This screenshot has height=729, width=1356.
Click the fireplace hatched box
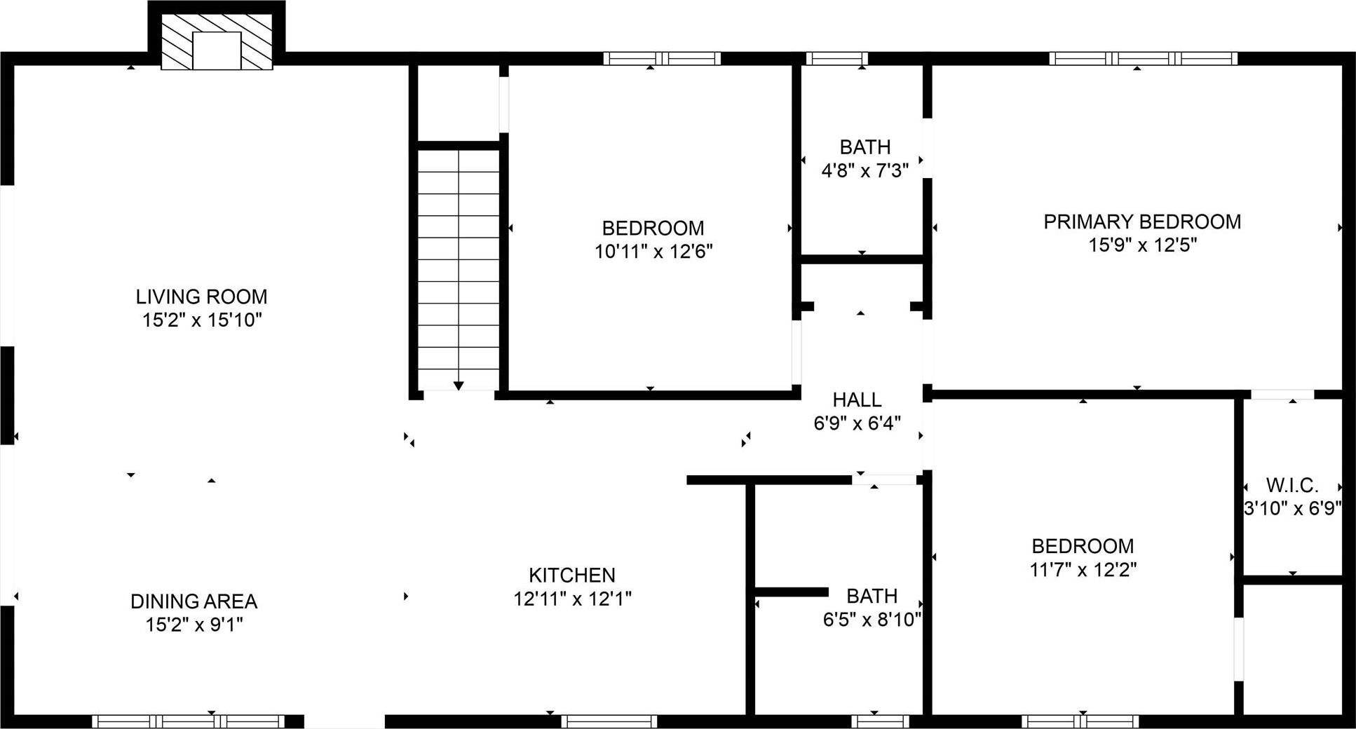click(x=217, y=42)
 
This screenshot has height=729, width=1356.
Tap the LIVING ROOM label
click(x=201, y=297)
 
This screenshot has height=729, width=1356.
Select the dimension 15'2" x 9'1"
click(x=194, y=625)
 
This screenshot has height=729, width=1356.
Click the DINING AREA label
click(x=194, y=601)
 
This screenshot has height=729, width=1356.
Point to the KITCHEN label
click(x=572, y=575)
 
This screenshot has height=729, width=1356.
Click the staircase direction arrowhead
click(x=459, y=386)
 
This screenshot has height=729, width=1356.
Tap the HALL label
click(x=857, y=400)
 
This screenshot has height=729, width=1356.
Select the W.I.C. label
click(x=1292, y=485)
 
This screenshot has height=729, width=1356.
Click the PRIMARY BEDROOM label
click(x=1142, y=222)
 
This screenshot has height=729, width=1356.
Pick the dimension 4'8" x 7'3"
click(x=865, y=170)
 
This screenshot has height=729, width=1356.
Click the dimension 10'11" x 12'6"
click(x=653, y=252)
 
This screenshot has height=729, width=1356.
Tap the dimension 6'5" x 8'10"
click(x=872, y=620)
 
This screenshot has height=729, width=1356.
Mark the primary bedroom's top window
click(x=1143, y=59)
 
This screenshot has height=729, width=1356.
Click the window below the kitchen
click(x=609, y=721)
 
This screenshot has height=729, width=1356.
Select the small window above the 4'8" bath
click(x=836, y=59)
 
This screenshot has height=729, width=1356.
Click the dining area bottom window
click(x=188, y=721)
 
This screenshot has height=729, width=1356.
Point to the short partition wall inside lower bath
click(x=791, y=592)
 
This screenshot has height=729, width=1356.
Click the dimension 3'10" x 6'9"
click(x=1292, y=509)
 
